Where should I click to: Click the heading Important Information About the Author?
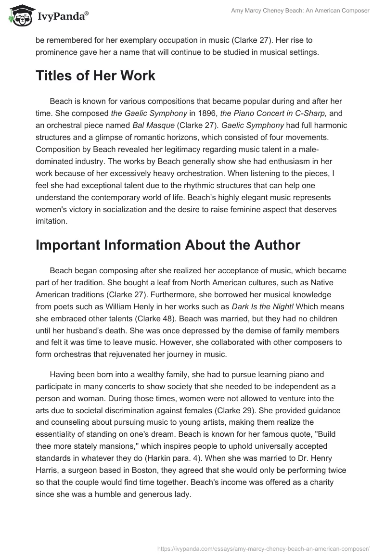167,245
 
